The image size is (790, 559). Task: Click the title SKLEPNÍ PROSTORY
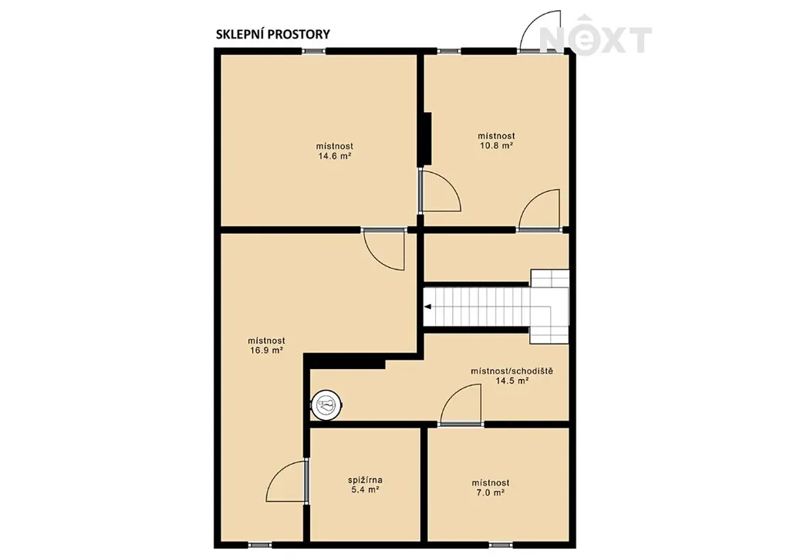click(272, 34)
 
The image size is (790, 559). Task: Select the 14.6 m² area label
click(334, 156)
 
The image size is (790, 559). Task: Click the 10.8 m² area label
click(496, 146)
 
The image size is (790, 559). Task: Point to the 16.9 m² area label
click(266, 351)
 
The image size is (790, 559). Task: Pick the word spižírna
click(365, 480)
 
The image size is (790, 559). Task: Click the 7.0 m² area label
click(491, 493)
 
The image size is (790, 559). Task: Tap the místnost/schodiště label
click(512, 371)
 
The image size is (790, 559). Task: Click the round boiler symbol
click(327, 405)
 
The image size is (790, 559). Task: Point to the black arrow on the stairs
click(427, 307)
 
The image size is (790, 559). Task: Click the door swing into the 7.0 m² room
click(460, 405)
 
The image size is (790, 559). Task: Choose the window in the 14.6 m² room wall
click(313, 50)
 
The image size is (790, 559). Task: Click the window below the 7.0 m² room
click(501, 545)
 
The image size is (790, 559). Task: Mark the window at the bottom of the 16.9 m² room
click(261, 545)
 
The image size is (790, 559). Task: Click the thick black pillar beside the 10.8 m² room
click(427, 139)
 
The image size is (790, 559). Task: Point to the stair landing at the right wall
click(549, 307)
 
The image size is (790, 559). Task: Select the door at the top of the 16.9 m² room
click(383, 249)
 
